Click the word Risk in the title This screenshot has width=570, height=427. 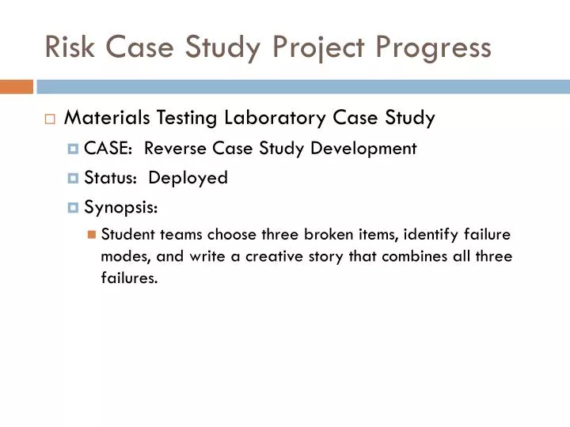(66, 47)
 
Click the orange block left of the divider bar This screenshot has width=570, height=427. (16, 86)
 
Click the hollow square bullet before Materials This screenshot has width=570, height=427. (50, 119)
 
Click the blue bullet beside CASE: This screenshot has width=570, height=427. (74, 149)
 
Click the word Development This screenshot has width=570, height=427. (366, 149)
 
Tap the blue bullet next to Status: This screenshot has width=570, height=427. (74, 179)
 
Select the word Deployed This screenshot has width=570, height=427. (188, 178)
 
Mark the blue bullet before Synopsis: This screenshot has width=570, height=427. (74, 208)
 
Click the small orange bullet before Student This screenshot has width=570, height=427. (92, 234)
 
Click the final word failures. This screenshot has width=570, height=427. (129, 278)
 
